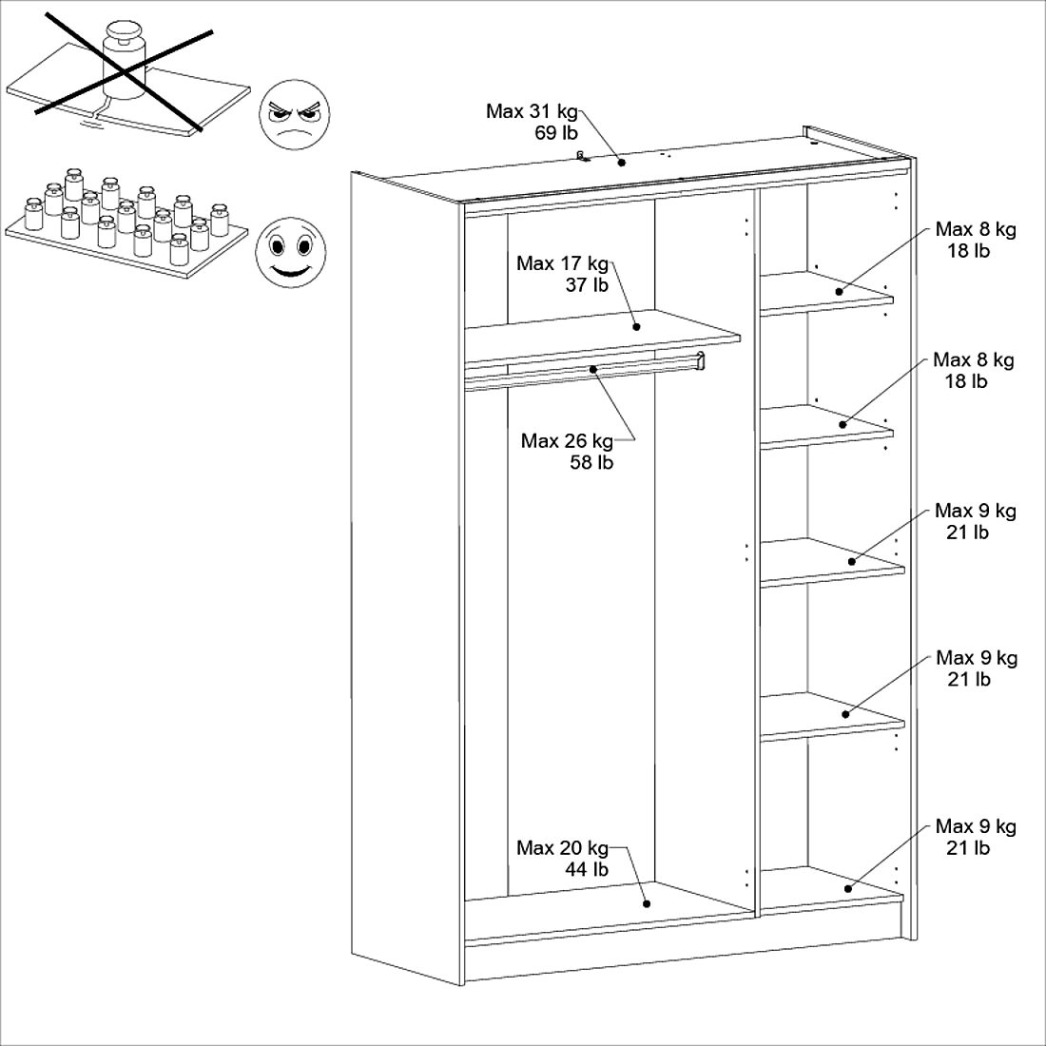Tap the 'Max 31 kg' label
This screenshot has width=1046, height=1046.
click(x=532, y=111)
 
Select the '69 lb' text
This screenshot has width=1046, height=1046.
click(x=556, y=133)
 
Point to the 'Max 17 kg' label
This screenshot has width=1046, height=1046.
click(x=562, y=262)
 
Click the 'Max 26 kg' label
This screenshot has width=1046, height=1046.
click(x=567, y=440)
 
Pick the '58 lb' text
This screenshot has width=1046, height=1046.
click(x=591, y=463)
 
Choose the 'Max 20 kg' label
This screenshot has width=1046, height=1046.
click(x=562, y=847)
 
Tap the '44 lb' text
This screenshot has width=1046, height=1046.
click(x=587, y=869)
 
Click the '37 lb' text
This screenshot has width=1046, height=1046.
click(x=587, y=284)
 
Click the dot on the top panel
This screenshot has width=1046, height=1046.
click(x=622, y=162)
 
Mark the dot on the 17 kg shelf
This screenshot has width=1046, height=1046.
click(x=637, y=327)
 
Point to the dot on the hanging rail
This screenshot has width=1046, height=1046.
click(x=592, y=368)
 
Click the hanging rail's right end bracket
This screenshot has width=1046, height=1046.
click(x=701, y=359)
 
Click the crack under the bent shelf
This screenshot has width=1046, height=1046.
click(x=91, y=122)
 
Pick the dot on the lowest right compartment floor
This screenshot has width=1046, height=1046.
click(x=846, y=888)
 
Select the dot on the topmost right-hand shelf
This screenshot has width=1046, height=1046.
click(x=839, y=291)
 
